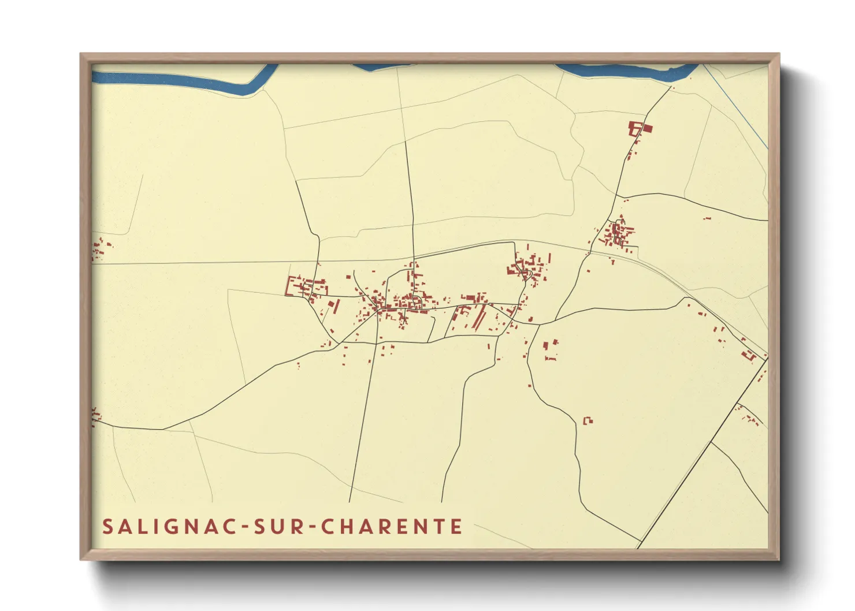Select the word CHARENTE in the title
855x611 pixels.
pyautogui.click(x=392, y=527)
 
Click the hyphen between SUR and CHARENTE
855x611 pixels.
pyautogui.click(x=312, y=527)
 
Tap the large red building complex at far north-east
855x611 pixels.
pyautogui.click(x=639, y=128)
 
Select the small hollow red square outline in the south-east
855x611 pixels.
pyautogui.click(x=588, y=420)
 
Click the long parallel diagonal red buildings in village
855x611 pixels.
pyautogui.click(x=479, y=316)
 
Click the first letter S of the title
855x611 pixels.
pyautogui.click(x=107, y=527)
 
